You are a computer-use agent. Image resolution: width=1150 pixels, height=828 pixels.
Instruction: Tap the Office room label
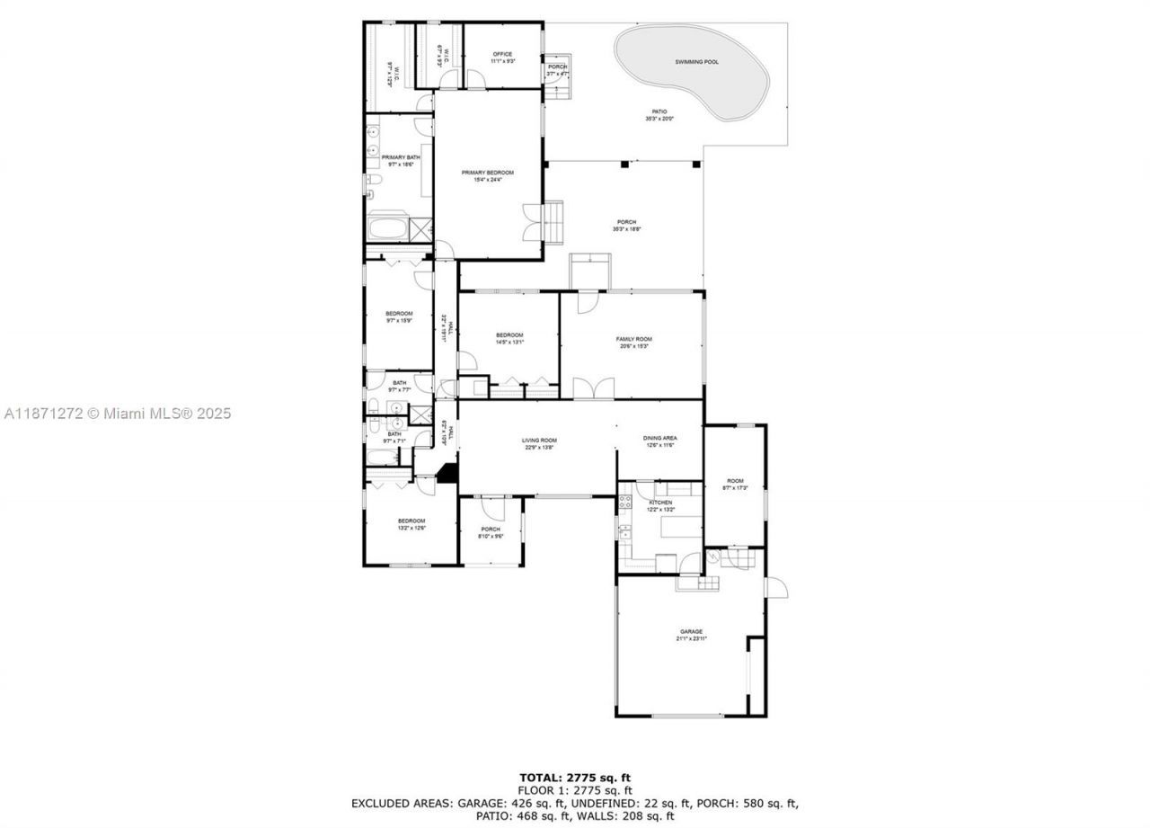501,54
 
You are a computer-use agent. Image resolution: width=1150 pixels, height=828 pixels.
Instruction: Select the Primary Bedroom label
487,173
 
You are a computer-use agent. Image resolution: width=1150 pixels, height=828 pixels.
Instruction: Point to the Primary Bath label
400,157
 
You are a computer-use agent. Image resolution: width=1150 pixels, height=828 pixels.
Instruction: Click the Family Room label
633,339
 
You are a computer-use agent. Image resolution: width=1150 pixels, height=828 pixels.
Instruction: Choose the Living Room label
539,441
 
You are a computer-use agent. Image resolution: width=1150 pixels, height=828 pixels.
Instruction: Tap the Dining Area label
659,439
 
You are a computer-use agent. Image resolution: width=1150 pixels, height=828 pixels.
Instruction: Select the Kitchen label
660,503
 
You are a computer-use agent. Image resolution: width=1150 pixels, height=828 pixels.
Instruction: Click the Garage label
691,632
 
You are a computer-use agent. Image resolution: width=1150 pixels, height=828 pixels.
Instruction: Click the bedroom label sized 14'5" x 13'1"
509,335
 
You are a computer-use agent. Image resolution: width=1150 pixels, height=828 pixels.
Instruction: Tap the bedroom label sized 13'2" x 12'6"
411,521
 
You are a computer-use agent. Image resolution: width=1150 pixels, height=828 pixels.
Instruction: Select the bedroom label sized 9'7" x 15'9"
399,314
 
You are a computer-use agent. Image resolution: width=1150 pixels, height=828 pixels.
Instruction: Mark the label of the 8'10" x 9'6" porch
490,530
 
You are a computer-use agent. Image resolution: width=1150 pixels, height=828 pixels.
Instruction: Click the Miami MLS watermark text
117,414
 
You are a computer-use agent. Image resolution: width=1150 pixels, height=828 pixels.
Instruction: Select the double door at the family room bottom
593,388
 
